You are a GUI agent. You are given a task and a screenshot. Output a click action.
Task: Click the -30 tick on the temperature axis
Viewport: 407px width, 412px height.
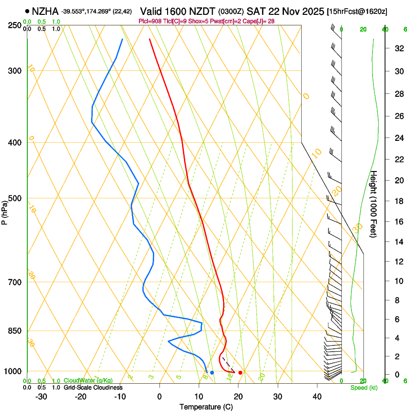41,397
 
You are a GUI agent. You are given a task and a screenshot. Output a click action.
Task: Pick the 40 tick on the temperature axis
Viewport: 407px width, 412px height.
317,397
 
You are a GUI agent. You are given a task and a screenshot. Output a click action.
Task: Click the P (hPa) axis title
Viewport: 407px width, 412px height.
4,211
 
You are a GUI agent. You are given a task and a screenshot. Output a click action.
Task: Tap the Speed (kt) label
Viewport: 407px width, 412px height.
363,387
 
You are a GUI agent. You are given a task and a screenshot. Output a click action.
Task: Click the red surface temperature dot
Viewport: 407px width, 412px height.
240,372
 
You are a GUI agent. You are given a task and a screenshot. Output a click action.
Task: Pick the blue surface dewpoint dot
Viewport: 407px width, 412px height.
212,372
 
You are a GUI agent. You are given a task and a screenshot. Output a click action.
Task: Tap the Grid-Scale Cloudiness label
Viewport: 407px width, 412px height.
93,387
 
